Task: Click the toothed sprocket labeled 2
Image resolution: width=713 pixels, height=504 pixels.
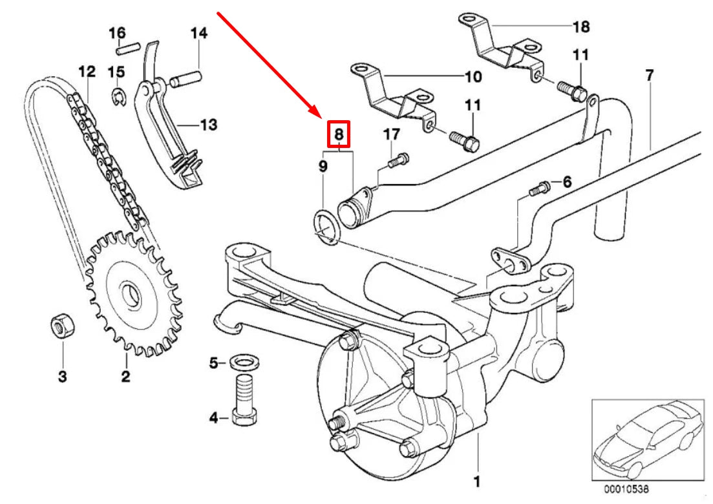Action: click(x=133, y=295)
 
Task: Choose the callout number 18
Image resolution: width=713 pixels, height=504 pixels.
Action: click(x=581, y=26)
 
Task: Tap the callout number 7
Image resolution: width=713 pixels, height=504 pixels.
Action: click(x=649, y=75)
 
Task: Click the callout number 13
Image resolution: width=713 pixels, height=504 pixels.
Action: click(x=208, y=124)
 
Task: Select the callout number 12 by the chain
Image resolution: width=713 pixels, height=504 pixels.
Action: click(x=87, y=71)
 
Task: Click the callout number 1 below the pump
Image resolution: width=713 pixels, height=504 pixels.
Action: click(x=476, y=481)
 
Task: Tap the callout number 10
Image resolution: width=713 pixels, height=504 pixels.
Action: click(x=473, y=77)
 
